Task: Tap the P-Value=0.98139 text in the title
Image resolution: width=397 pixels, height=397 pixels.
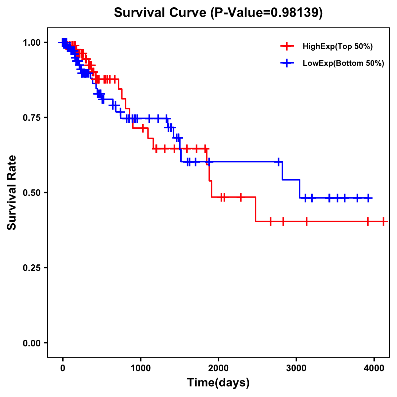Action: (x=267, y=13)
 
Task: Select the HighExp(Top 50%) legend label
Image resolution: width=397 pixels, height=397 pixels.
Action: (x=337, y=47)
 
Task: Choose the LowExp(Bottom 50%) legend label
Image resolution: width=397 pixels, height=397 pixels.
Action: (x=343, y=64)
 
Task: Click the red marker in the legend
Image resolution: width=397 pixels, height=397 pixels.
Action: (x=287, y=46)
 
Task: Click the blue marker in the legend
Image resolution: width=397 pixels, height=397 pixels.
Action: (x=287, y=63)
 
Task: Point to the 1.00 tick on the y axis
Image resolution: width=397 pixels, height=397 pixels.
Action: (x=32, y=42)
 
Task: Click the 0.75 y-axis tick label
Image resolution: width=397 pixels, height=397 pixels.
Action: (x=32, y=117)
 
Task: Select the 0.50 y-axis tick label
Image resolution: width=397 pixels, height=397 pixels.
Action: (x=32, y=193)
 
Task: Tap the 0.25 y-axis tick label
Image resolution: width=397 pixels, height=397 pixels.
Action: (x=32, y=268)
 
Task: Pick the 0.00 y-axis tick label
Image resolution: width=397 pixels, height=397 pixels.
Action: (x=32, y=343)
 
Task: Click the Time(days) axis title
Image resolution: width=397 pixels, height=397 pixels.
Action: (x=218, y=383)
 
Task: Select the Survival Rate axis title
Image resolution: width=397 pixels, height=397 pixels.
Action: (x=12, y=192)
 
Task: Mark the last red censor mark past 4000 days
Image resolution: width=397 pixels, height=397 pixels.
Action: (x=383, y=221)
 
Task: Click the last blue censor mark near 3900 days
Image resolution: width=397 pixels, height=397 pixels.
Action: (x=368, y=198)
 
